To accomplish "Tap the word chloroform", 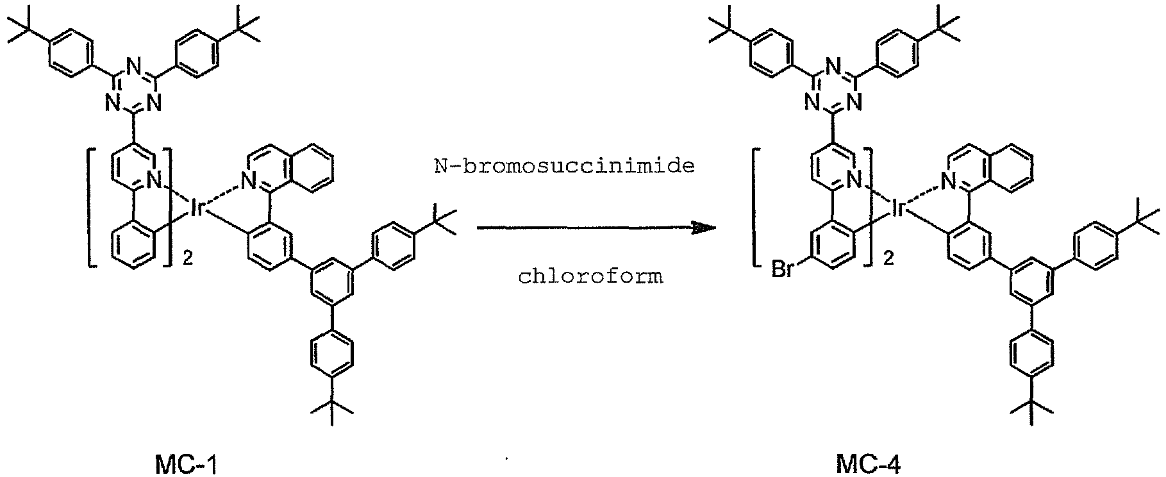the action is tap(591, 277).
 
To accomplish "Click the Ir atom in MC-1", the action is tap(197, 206).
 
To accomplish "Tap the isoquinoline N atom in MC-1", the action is tap(249, 185).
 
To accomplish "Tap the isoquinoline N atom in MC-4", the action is tap(949, 185).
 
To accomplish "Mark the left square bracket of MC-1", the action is tap(91, 207).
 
